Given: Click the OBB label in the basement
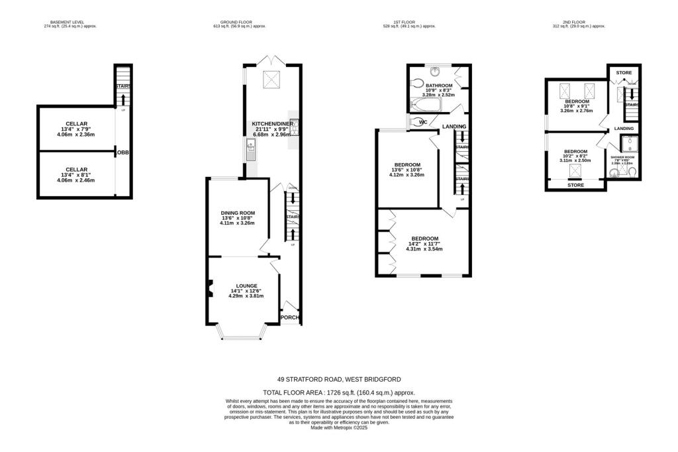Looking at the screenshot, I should pos(123,152).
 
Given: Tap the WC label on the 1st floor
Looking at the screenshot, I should pos(423,122).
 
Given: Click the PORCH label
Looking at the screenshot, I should pos(290,317).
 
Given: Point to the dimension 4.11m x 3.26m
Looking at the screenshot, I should pos(236,223).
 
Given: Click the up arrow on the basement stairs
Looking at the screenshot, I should pos(122,99).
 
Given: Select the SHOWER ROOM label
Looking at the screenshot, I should pos(622,156).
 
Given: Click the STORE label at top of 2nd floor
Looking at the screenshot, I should pos(624,72).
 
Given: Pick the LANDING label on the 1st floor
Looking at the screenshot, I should pos(454,127).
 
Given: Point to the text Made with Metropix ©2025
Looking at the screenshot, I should pos(338,428).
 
